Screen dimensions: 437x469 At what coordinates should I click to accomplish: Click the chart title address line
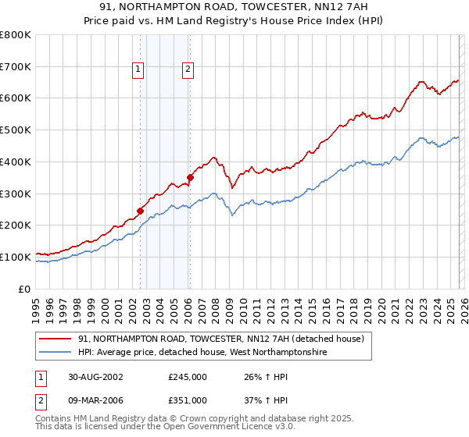coord(234,7)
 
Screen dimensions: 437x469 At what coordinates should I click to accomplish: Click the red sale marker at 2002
coord(141,211)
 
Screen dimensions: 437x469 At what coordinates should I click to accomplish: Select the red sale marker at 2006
coord(190,177)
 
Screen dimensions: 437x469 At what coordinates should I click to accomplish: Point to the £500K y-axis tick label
coord(16,130)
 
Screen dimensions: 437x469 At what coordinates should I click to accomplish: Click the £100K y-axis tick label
coord(16,257)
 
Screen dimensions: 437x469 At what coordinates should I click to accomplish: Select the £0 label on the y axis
coord(23,289)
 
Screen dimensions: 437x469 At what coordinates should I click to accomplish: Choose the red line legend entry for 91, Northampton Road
coord(221,339)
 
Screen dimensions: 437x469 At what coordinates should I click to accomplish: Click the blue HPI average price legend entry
coord(202,353)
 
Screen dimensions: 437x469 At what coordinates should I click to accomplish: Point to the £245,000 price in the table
coord(188,376)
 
